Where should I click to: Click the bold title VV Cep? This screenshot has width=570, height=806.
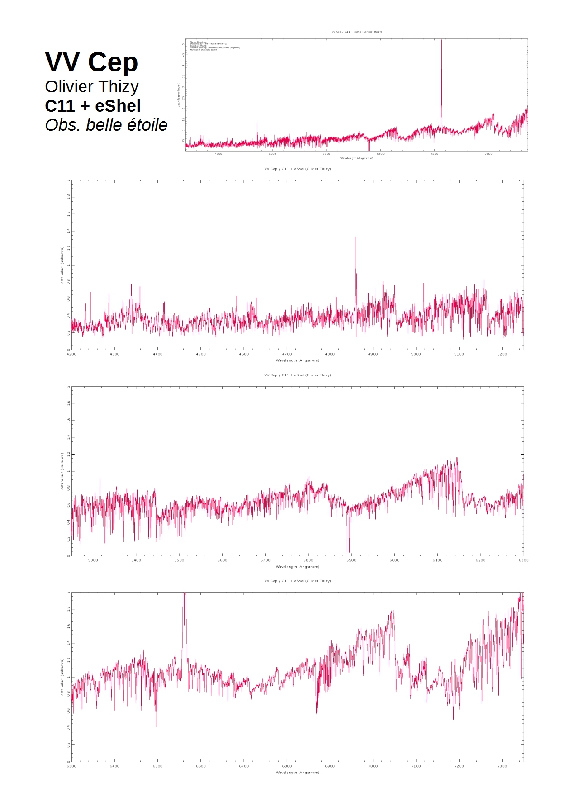point(91,62)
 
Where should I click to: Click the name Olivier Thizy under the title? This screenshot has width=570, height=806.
point(92,86)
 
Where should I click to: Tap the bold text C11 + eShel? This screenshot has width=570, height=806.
point(93,106)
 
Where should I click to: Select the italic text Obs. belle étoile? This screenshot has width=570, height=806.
point(106,125)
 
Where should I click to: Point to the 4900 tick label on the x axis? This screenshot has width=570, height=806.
point(373,354)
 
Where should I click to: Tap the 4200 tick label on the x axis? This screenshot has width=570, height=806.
point(71,354)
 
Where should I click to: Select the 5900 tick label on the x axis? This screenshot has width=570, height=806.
point(351,560)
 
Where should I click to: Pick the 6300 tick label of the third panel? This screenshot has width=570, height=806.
point(523,560)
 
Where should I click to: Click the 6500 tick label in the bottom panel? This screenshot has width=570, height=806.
point(157,766)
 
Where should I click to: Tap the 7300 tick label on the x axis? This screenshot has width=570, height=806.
point(502,766)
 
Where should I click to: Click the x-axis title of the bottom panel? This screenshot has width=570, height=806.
point(297,773)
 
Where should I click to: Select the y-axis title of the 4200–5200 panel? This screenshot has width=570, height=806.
point(62,265)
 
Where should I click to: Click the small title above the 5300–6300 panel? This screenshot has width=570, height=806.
point(297,375)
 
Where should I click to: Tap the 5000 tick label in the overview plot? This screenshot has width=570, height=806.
point(272,154)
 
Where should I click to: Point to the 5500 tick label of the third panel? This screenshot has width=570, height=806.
point(179,560)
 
